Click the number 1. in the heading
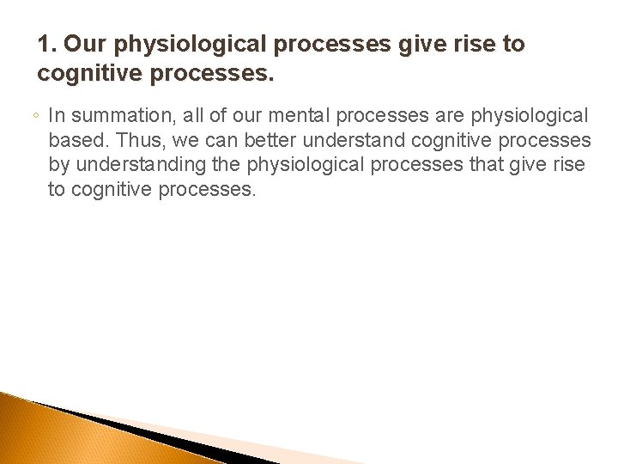48,44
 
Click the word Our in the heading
87,44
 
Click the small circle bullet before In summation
39,115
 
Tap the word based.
74,139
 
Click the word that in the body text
488,164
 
